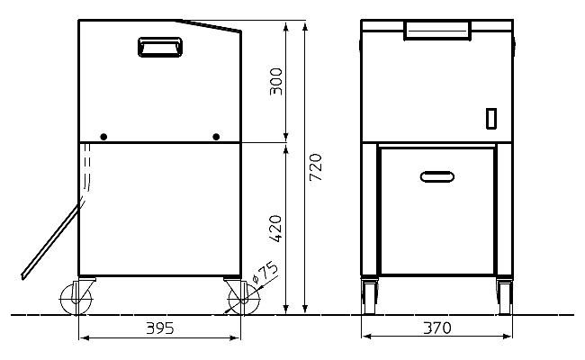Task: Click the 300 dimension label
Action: [x=275, y=81]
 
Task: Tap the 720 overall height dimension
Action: [x=316, y=166]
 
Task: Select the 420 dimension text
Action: [x=275, y=229]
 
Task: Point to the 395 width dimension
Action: [x=159, y=328]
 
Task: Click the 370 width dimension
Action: [x=436, y=328]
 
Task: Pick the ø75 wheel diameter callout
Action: [x=265, y=273]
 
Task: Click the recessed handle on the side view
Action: [x=160, y=47]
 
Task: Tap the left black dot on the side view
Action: [x=103, y=137]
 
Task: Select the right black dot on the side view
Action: [x=216, y=137]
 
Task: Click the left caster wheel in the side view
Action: [x=76, y=299]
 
